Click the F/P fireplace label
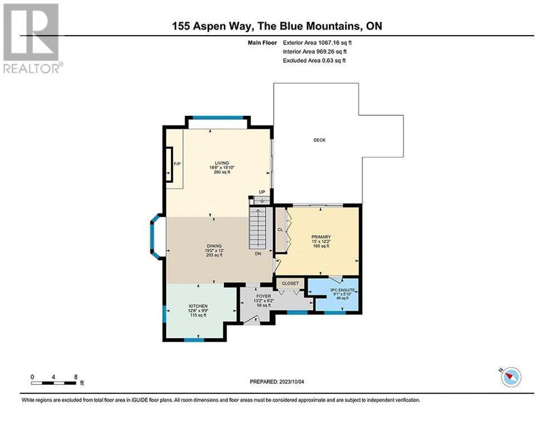177,164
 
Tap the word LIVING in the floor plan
215,162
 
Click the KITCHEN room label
198,306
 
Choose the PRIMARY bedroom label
321,236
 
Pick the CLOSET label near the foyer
290,283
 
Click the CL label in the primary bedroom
281,230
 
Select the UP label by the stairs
261,192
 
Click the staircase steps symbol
258,228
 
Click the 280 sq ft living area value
215,172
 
